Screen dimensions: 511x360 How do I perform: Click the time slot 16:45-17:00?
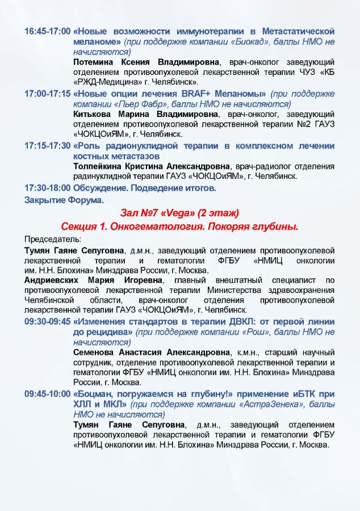pos(48,31)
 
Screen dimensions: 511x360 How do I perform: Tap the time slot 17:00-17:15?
pos(48,94)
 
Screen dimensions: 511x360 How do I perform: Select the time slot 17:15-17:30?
pos(48,146)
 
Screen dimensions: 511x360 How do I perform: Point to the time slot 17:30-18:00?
pos(48,187)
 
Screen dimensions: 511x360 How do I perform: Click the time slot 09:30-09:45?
pos(48,322)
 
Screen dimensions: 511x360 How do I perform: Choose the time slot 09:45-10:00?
pos(48,394)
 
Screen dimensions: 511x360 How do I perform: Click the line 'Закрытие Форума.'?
pos(56,199)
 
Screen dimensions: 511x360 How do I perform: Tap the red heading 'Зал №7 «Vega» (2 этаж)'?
pos(179,213)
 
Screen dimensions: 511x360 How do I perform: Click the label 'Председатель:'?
pos(52,238)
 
